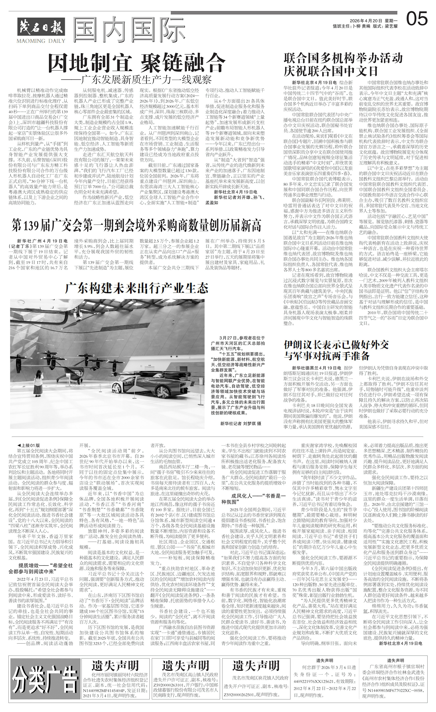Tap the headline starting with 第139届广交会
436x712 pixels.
click(x=136, y=226)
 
